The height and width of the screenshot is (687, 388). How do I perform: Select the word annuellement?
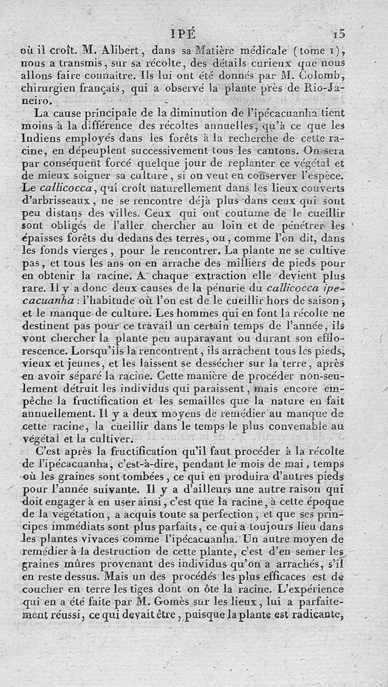coord(56,414)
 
